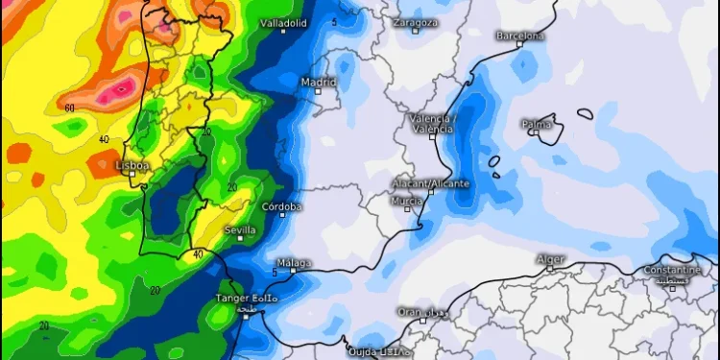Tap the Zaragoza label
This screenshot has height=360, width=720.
(x=416, y=21)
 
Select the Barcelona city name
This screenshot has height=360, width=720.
(x=520, y=36)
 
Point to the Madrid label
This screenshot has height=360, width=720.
(x=319, y=82)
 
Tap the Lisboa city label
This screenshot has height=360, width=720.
(x=132, y=165)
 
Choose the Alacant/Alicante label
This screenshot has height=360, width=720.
(x=430, y=182)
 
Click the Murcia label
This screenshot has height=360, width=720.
(x=406, y=201)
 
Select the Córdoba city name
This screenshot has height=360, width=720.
(x=281, y=206)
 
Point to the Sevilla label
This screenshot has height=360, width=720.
(x=240, y=229)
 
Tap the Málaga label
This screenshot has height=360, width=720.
(x=294, y=262)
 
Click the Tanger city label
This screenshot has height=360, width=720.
(x=247, y=299)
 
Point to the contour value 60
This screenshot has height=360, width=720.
(x=69, y=108)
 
